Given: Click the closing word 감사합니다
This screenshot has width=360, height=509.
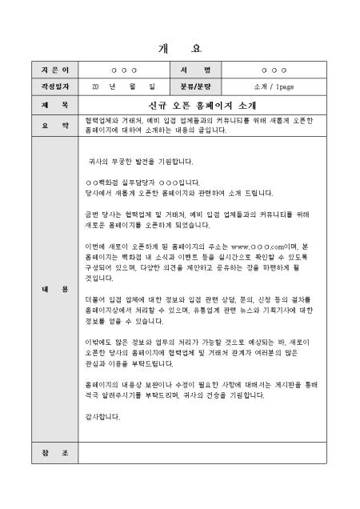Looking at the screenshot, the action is tap(102, 416).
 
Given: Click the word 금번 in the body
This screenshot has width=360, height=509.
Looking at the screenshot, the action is tap(92, 214).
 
